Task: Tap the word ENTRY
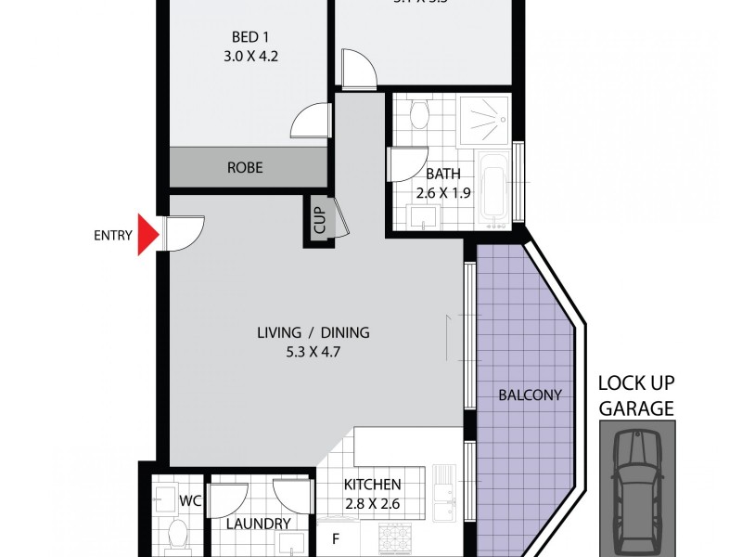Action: point(112,235)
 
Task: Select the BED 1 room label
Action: point(246,37)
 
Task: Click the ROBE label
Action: point(245,168)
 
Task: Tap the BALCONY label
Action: point(531,395)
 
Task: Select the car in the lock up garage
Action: point(636,486)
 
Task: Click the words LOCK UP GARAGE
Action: point(635,395)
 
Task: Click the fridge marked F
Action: point(336,537)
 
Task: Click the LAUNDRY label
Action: point(259,524)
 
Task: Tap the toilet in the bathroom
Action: point(418,115)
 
